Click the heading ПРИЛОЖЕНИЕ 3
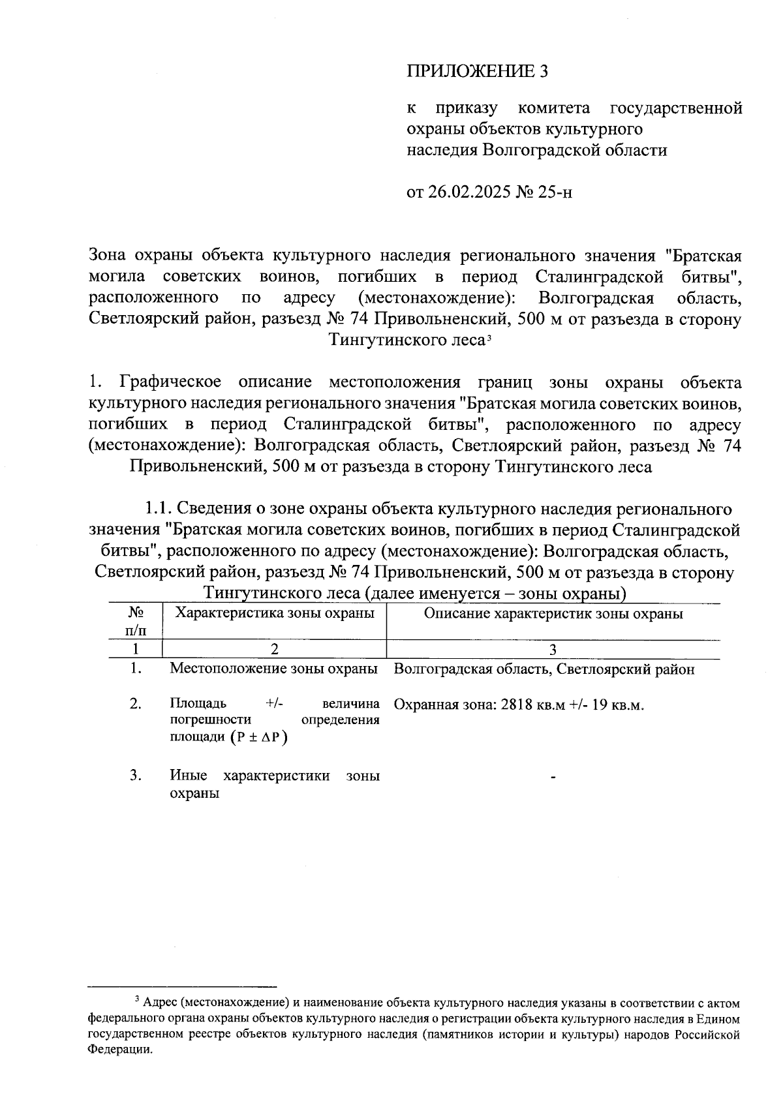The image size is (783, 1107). (x=477, y=71)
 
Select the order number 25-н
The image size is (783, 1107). (x=555, y=192)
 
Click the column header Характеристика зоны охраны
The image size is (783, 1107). (x=275, y=613)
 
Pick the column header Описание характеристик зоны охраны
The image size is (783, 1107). (x=553, y=614)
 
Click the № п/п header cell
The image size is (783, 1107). (x=136, y=621)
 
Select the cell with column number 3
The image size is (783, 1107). (x=553, y=649)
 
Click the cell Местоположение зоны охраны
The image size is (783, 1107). (x=274, y=669)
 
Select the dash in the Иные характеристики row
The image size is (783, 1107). (x=553, y=777)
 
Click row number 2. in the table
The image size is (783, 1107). (x=136, y=704)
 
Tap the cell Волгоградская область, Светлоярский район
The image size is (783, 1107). (x=544, y=669)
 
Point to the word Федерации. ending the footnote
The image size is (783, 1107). (x=121, y=1050)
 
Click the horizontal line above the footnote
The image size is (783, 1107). (x=183, y=986)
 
